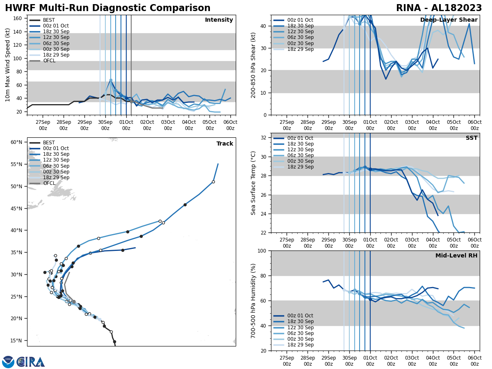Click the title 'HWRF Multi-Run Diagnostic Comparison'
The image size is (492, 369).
coord(107,8)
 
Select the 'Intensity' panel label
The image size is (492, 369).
coord(219,20)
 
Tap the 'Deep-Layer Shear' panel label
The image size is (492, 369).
coord(449,20)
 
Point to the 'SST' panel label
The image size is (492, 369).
coord(471,138)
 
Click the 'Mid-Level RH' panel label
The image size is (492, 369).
coord(456,256)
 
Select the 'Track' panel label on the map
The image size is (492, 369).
coord(225,144)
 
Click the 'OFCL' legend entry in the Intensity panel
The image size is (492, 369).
coord(49,61)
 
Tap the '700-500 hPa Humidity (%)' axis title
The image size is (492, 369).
coord(253,301)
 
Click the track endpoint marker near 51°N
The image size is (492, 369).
coord(213,182)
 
